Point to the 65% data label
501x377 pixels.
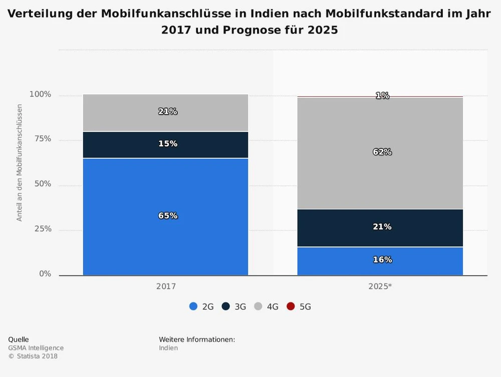point(168,216)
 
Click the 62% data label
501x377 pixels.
point(382,152)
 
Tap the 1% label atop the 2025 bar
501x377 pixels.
point(382,95)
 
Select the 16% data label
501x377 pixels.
point(382,260)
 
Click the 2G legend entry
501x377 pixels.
point(202,306)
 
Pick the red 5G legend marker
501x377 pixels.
point(291,306)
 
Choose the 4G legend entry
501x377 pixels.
point(267,306)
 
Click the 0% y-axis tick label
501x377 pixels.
point(45,274)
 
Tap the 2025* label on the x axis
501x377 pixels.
point(380,287)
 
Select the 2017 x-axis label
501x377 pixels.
point(166,287)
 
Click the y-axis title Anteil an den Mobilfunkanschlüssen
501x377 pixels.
point(20,163)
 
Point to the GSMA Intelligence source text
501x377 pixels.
point(36,348)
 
